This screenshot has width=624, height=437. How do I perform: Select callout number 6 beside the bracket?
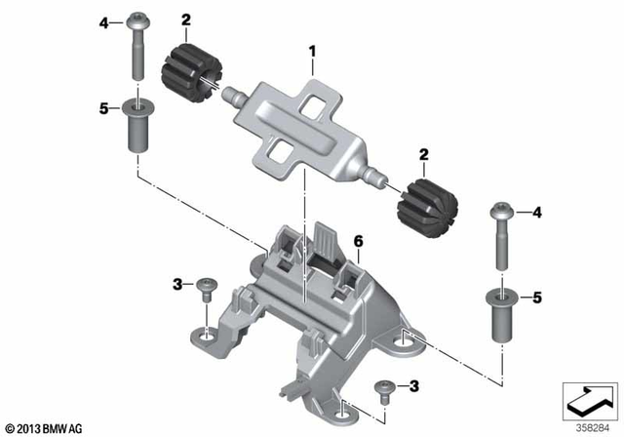[x=358, y=240]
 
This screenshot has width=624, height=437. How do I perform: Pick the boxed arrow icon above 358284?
[x=589, y=399]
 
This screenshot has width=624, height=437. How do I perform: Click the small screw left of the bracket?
[x=207, y=286]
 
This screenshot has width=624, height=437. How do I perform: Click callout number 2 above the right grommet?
[x=423, y=153]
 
